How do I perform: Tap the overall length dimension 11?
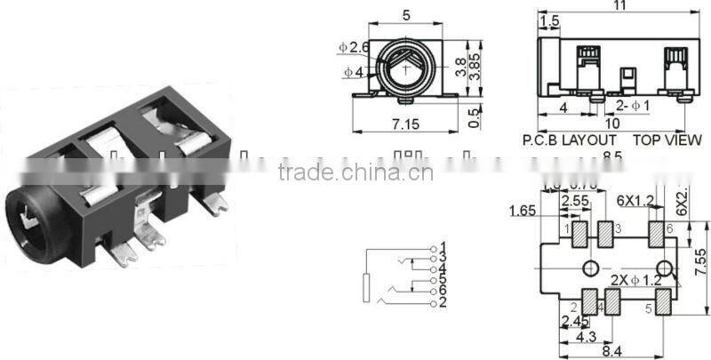pos(620,7)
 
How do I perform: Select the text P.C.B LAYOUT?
pos(569,140)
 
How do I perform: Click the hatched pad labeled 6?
pos(657,235)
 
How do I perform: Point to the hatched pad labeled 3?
pos(606,235)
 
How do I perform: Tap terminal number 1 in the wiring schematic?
pos(442,246)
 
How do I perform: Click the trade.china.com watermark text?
pos(355,172)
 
